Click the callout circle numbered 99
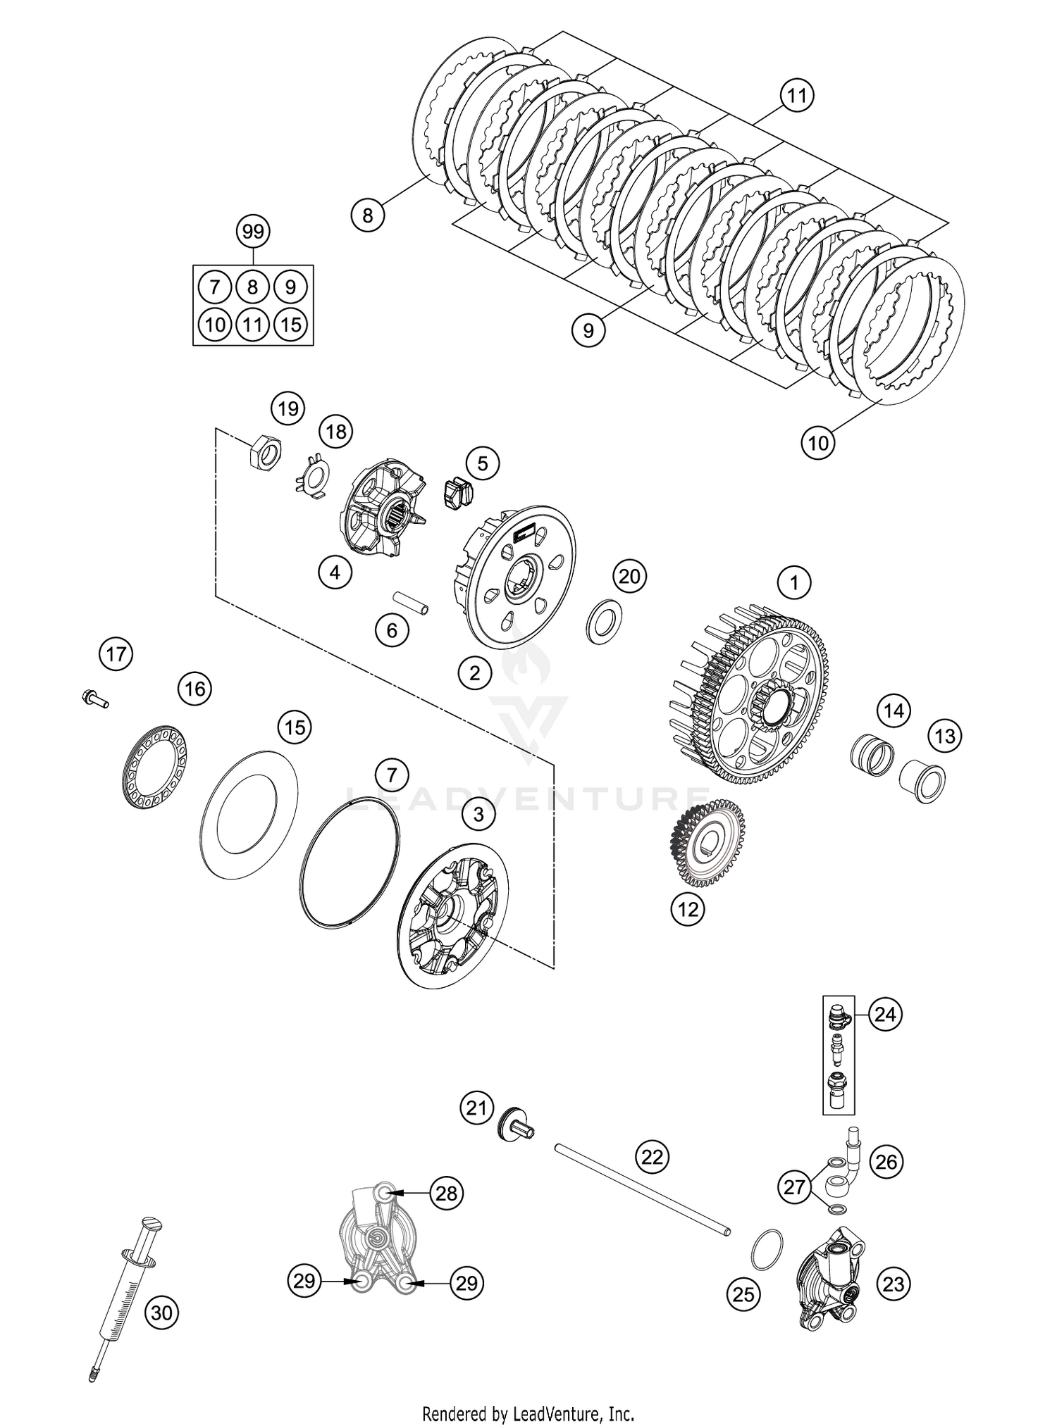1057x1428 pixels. [253, 231]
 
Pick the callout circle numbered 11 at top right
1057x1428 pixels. [796, 95]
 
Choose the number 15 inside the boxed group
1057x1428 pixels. [291, 324]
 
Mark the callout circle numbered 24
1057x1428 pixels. [885, 1015]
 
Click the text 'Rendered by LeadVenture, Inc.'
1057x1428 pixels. [528, 1413]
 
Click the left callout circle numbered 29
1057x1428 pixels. [304, 1280]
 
